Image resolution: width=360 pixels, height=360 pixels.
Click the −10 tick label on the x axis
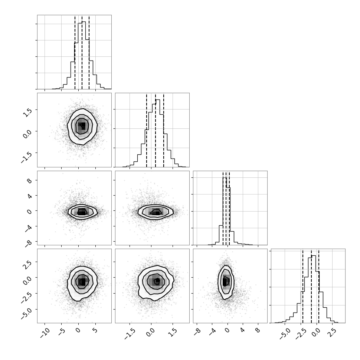[45, 333]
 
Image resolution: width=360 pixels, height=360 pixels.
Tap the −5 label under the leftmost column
[62, 332]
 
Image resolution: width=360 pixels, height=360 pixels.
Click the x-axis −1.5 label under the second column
[130, 334]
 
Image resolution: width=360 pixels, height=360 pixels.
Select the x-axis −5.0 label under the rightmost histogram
[285, 334]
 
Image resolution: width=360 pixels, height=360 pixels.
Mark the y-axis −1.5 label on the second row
[26, 157]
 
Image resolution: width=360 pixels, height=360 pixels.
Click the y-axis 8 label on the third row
[29, 181]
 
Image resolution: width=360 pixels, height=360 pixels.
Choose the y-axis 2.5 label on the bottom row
[27, 264]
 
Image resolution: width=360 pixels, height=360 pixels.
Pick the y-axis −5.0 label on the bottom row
[26, 314]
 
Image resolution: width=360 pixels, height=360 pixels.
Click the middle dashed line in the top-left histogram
[82, 52]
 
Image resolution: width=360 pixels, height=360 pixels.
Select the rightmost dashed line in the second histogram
[163, 130]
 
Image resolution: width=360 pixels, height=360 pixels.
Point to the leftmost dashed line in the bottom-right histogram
[303, 286]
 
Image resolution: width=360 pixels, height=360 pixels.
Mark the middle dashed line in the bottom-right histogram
[311, 286]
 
